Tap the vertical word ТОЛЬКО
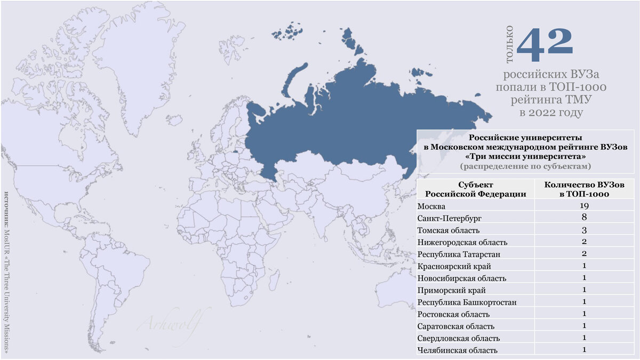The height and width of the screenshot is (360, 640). point(510,45)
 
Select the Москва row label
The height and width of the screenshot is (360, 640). point(431,206)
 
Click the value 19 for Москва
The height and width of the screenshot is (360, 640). point(585,206)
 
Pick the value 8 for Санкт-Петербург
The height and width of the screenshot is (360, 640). point(585,218)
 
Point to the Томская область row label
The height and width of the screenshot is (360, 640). point(449,230)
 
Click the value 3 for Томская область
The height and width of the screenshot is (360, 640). point(585,230)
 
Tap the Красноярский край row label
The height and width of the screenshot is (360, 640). point(454,266)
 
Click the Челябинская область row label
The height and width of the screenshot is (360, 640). point(458,350)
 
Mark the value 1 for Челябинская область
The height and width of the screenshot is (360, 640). point(585,349)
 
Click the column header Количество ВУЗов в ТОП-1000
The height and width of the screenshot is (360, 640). point(583,189)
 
